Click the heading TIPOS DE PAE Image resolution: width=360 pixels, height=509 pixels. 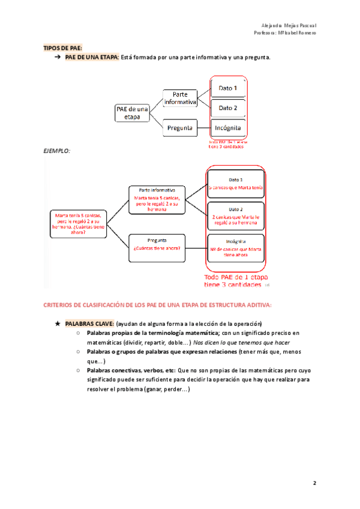62,47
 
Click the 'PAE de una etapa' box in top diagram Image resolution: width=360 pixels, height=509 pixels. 131,112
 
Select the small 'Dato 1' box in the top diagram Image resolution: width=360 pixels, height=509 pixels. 228,88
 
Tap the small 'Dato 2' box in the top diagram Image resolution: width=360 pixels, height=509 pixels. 228,108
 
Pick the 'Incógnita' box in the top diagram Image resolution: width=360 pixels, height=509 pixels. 228,128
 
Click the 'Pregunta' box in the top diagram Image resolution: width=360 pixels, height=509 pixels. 180,128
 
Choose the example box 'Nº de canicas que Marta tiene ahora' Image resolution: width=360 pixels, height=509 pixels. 236,249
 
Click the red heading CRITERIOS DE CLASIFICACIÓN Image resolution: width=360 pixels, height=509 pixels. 157,306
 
